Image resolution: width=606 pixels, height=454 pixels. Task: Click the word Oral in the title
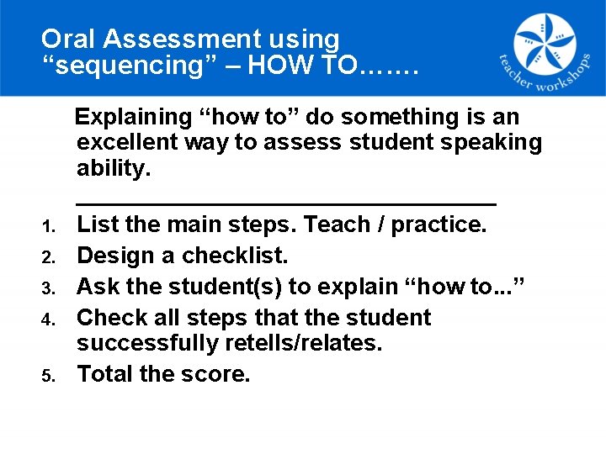(x=64, y=39)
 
